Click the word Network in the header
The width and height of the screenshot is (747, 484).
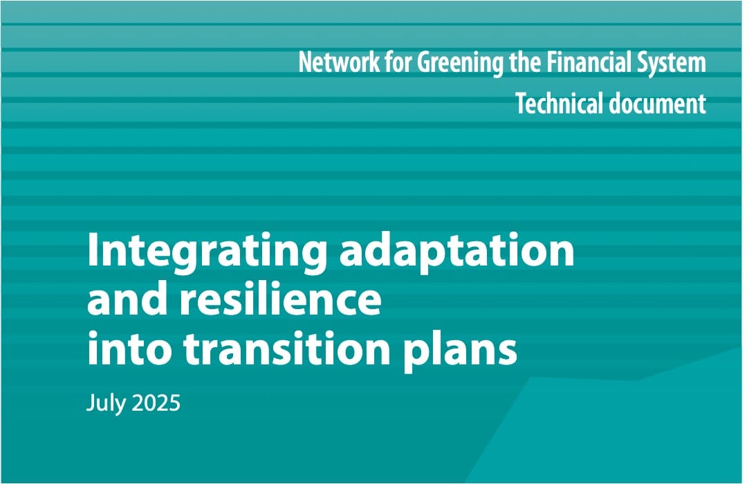339,62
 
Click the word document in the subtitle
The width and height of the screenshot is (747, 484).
658,104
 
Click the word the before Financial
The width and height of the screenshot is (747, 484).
525,62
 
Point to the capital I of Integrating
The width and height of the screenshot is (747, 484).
93,250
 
